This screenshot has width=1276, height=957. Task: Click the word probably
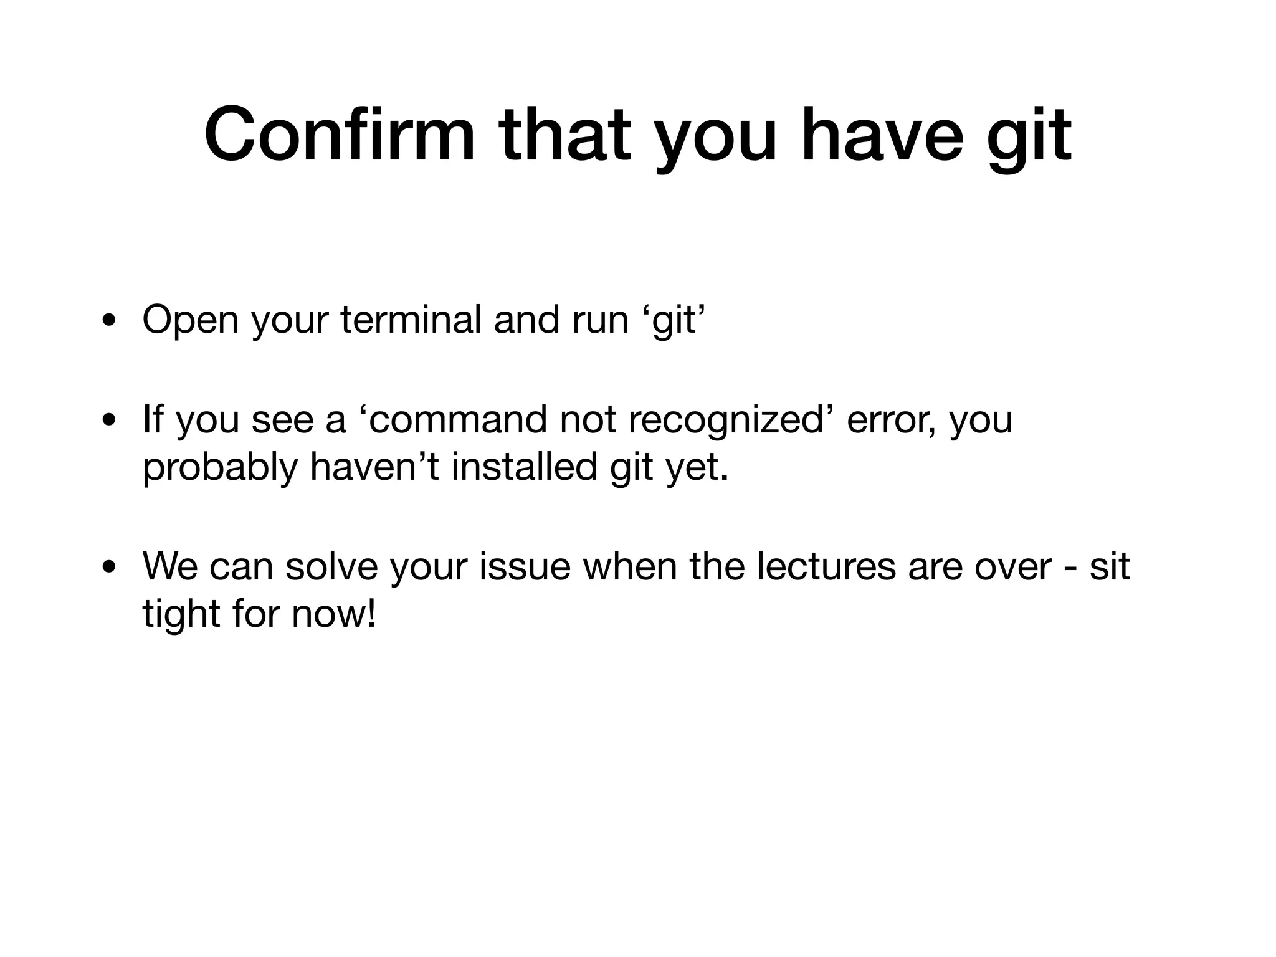tap(221, 469)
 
